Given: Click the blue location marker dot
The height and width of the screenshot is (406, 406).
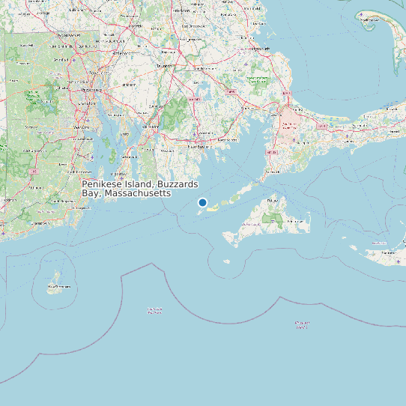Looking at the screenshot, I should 202,202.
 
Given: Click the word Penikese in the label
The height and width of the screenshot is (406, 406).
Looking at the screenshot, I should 101,184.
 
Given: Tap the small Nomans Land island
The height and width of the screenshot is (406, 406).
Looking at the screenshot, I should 227,261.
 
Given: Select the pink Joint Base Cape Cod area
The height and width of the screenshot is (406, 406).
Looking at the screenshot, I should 288,121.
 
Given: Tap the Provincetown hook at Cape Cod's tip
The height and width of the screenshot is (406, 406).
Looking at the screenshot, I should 370,16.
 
